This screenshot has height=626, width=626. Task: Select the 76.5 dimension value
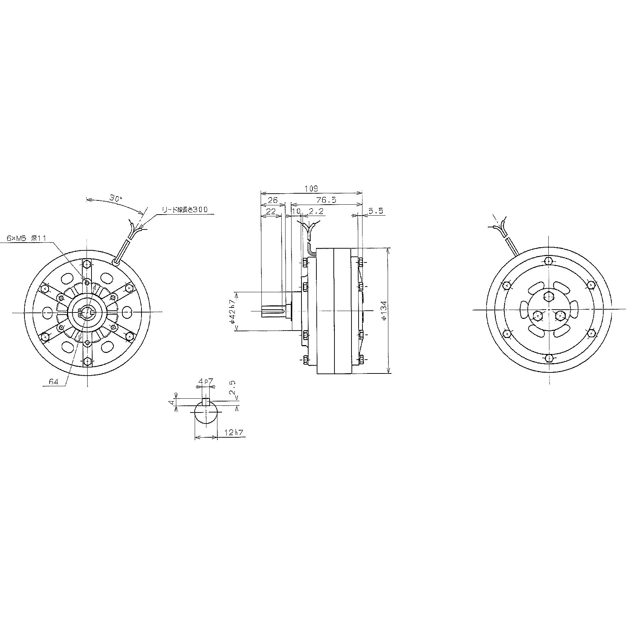326,200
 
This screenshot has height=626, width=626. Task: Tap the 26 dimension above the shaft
272,200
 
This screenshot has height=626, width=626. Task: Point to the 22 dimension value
271,211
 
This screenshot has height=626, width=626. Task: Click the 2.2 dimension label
316,211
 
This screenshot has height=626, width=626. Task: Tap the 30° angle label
115,198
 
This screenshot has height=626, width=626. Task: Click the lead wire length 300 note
184,210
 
